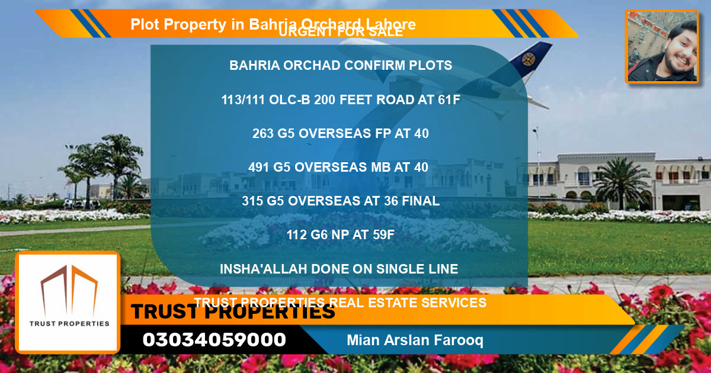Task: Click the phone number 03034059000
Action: (x=214, y=340)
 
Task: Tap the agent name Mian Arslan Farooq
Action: (x=415, y=340)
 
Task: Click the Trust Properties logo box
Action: (x=69, y=302)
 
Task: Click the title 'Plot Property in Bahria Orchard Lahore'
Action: (x=273, y=24)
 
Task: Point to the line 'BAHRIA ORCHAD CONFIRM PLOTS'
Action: (x=341, y=66)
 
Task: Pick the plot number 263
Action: (x=262, y=134)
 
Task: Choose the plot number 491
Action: (x=259, y=168)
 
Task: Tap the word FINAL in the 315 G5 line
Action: (x=420, y=201)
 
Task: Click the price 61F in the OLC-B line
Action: (x=448, y=100)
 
